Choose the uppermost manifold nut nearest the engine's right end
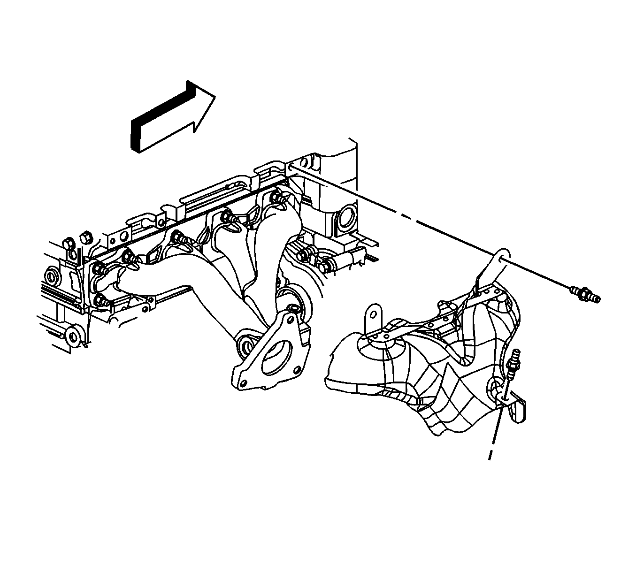pos(280,198)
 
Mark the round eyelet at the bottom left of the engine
pos(73,337)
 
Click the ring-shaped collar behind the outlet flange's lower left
pos(245,346)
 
